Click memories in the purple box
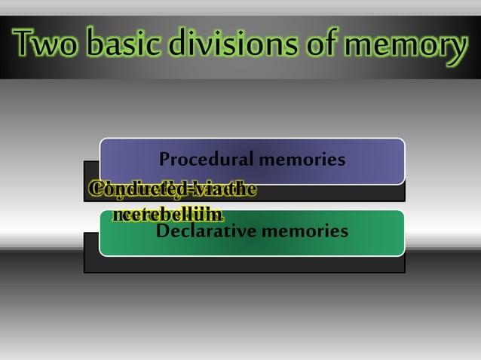[x=302, y=160]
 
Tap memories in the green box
[x=305, y=230]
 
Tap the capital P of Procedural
[x=165, y=160]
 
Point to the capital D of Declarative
[x=162, y=230]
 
